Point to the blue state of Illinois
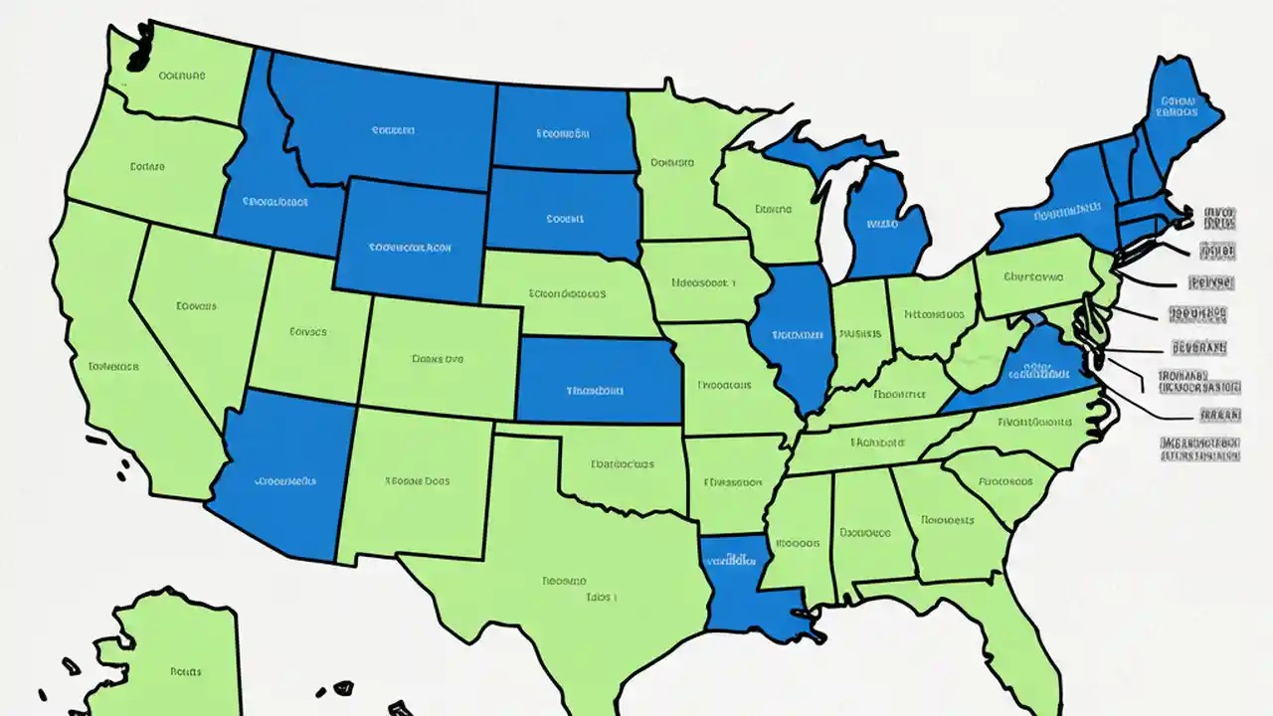(x=796, y=338)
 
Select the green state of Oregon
(x=149, y=169)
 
